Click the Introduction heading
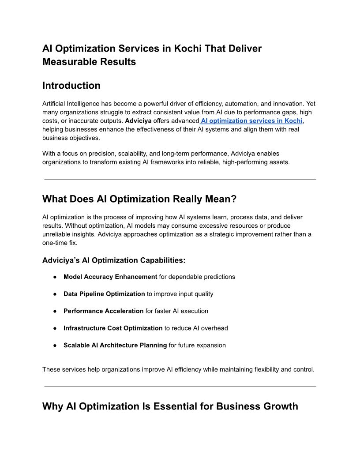tap(71, 86)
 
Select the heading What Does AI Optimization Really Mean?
tap(139, 199)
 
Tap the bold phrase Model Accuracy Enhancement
tap(110, 277)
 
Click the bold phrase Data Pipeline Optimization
tap(104, 294)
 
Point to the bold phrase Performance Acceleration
tap(103, 311)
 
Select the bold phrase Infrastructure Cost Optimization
tap(113, 328)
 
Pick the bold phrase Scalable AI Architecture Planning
tap(115, 346)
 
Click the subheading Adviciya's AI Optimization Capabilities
tap(114, 260)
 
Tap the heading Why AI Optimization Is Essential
tap(170, 406)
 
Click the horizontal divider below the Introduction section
tap(180, 179)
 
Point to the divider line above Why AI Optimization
tap(180, 386)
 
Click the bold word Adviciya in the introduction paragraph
tap(138, 121)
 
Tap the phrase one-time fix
tap(60, 243)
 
